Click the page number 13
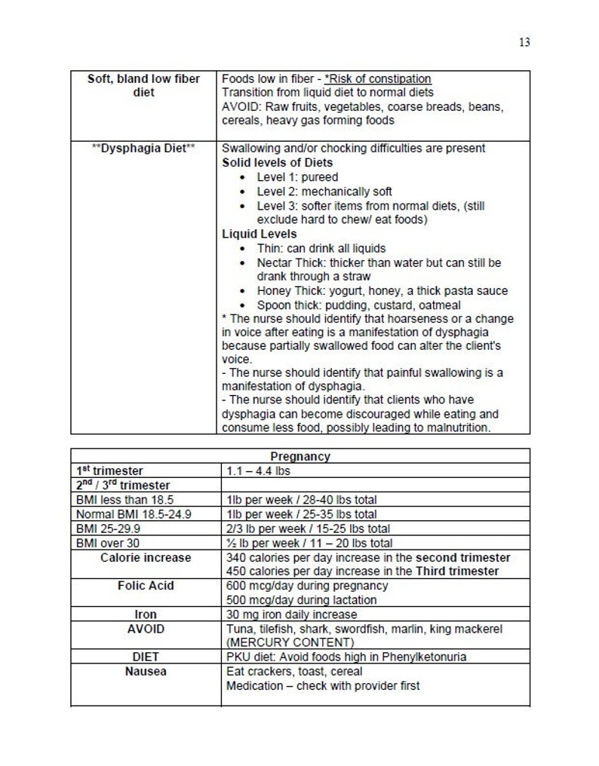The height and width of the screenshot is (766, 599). pos(524,43)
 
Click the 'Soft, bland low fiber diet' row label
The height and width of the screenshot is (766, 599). pos(143,85)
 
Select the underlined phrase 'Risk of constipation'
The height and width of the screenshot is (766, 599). pos(378,78)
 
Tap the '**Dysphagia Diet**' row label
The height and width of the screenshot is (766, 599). pos(143,149)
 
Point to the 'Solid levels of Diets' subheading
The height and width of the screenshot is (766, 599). pos(277,163)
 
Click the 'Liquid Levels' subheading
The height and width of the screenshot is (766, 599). pos(260,234)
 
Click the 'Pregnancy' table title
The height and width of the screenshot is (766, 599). pos(299,457)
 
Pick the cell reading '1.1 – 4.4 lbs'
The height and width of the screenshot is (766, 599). pos(259,470)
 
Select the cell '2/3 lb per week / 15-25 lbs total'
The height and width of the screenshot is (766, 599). pos(308,529)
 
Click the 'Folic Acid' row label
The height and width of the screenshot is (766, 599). pos(145,586)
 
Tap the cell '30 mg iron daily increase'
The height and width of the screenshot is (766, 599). pos(292,614)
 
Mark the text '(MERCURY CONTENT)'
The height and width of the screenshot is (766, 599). pos(290,642)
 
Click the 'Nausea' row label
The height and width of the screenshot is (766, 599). pos(145,671)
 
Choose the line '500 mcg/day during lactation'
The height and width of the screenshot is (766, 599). pos(302,600)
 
